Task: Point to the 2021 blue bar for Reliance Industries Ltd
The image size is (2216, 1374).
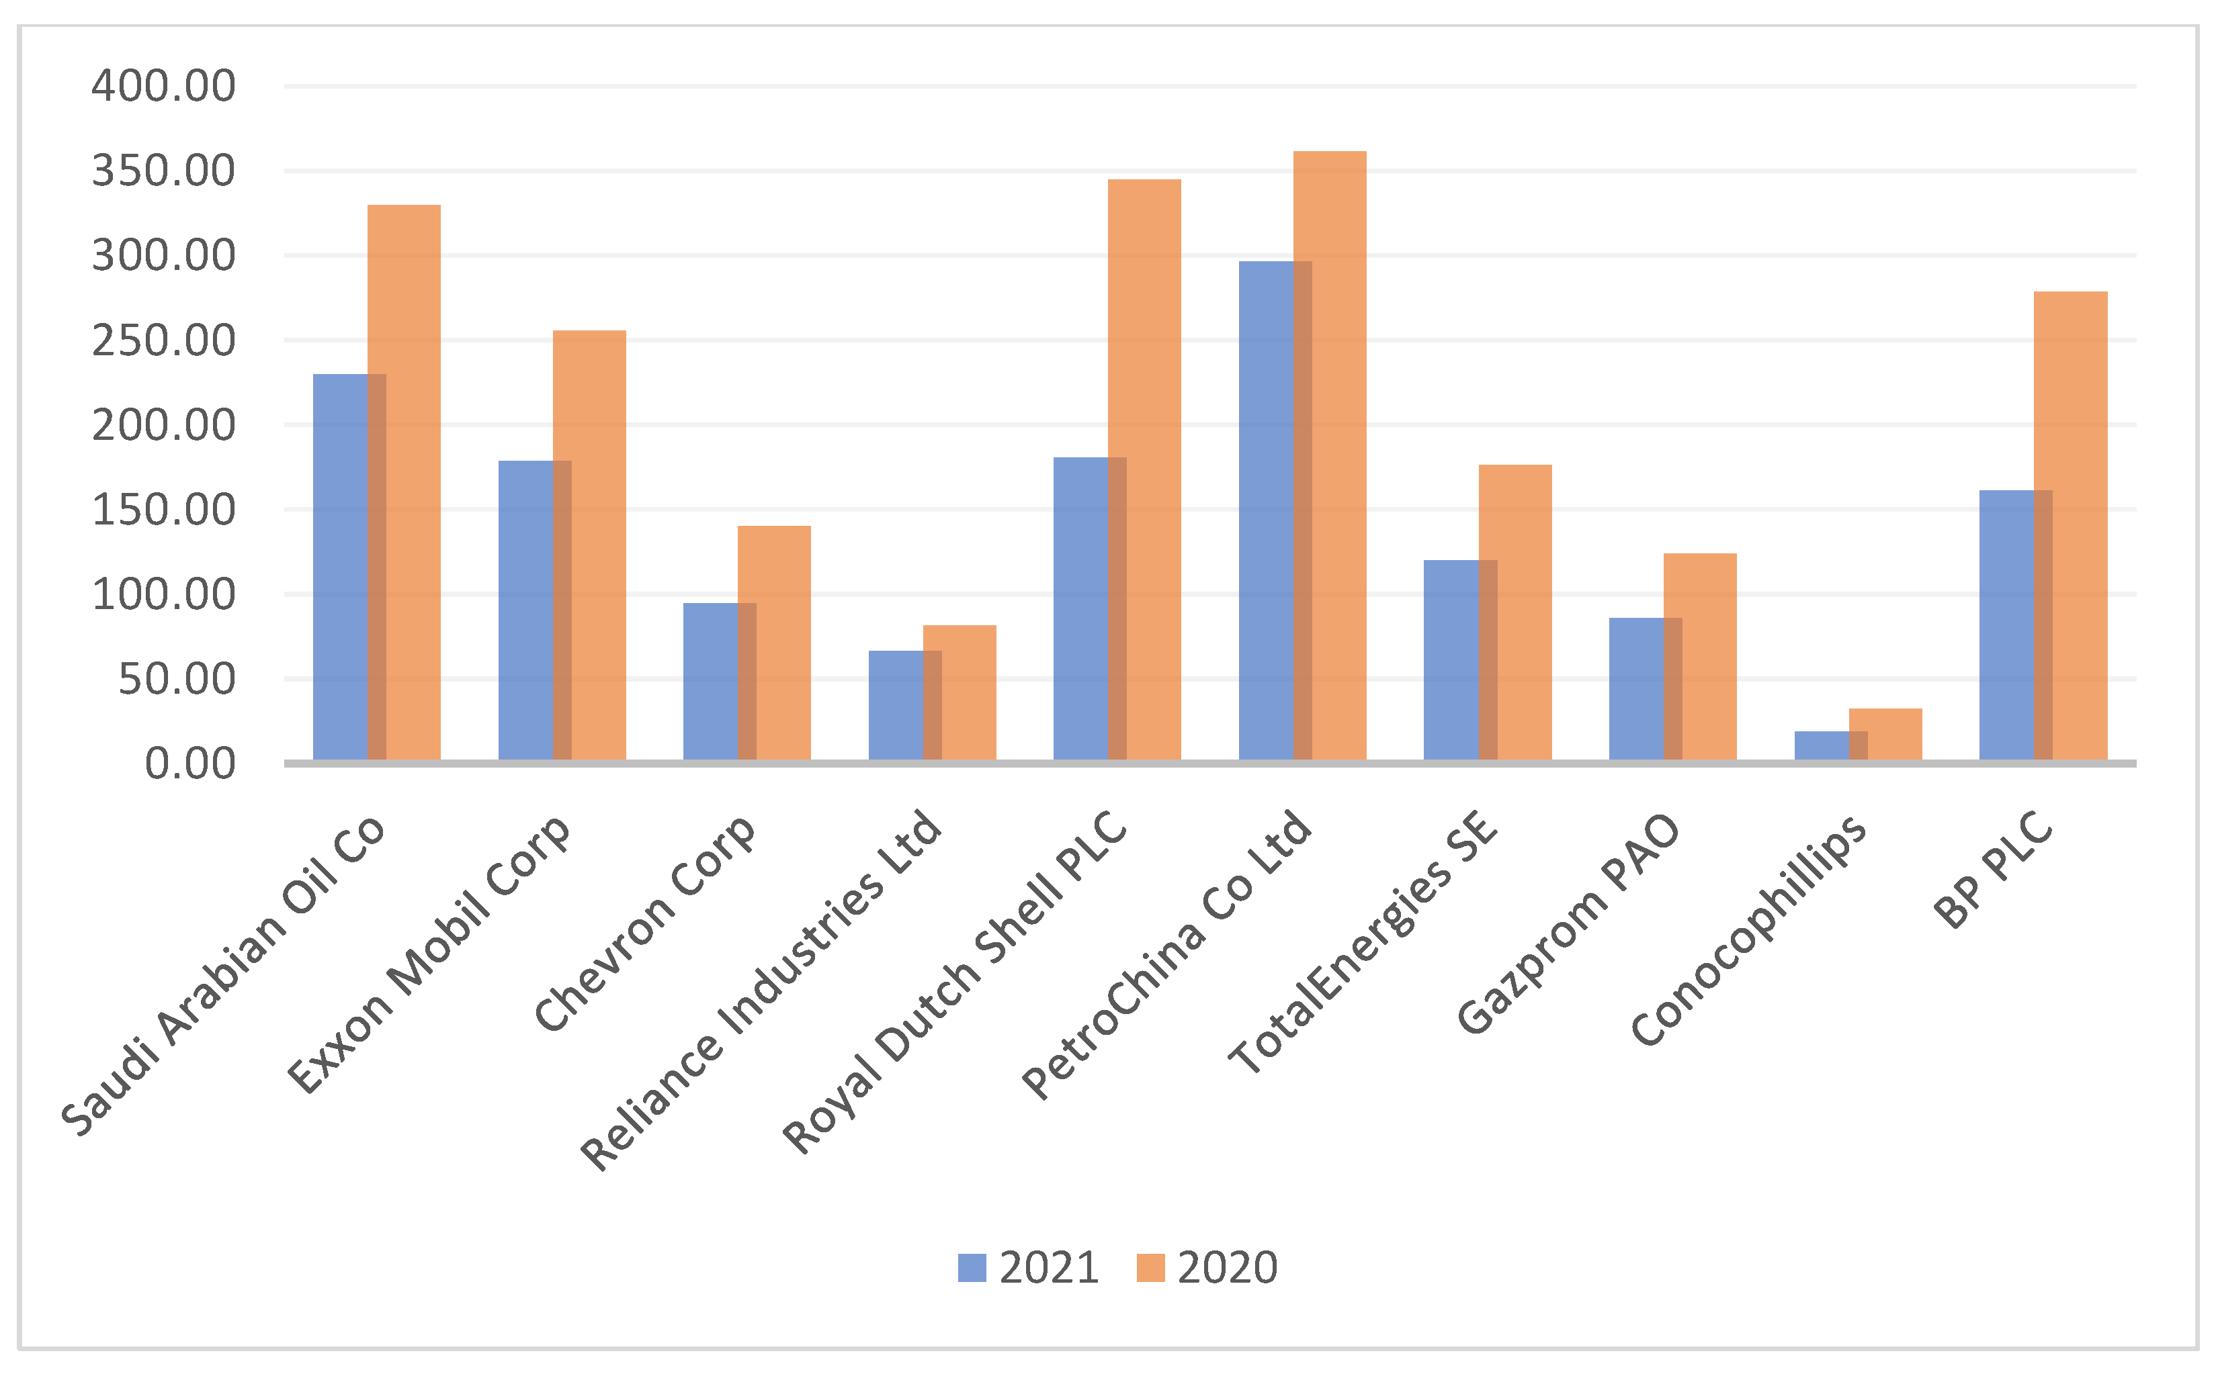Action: [x=895, y=705]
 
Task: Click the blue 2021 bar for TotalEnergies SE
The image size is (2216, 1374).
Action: [x=1451, y=659]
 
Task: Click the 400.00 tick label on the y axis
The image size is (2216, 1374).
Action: [x=163, y=87]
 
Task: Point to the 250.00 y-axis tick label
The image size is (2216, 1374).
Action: [x=163, y=340]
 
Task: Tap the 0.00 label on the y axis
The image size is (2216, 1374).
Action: [x=190, y=764]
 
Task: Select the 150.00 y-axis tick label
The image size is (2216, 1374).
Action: [x=163, y=510]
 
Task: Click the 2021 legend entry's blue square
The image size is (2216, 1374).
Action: [x=972, y=1268]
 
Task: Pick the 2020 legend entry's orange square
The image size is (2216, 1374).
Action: [x=1150, y=1268]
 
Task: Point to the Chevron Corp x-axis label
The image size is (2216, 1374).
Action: [x=644, y=921]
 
